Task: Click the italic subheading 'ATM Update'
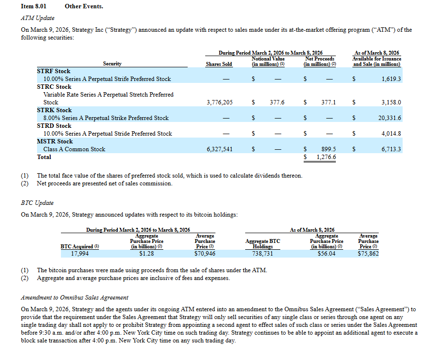[38, 18]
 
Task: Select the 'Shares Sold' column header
[219, 64]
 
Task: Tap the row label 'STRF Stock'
[54, 71]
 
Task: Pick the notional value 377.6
[277, 102]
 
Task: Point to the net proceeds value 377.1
[328, 102]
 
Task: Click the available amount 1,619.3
[391, 79]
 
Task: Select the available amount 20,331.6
[389, 118]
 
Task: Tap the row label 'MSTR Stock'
[55, 141]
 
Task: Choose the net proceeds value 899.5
[328, 149]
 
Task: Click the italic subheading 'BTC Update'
[37, 203]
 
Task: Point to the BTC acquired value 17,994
[80, 254]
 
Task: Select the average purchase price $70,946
[205, 254]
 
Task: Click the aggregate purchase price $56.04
[326, 254]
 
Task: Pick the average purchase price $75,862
[368, 254]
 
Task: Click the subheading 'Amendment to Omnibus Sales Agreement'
[75, 298]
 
